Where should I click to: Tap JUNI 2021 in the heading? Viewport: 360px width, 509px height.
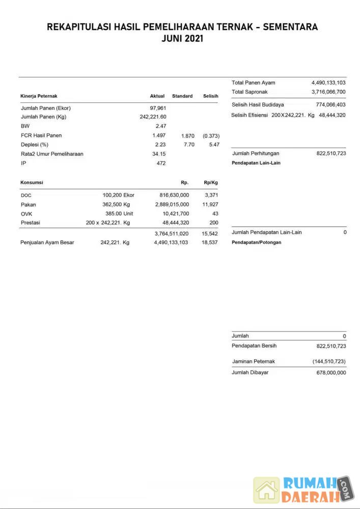point(182,39)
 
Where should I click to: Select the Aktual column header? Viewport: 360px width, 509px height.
point(157,96)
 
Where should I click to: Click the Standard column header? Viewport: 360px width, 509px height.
point(182,96)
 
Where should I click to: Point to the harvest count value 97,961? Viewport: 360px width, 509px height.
point(158,108)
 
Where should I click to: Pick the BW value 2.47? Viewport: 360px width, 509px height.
point(161,126)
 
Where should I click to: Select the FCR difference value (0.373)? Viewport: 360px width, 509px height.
point(211,136)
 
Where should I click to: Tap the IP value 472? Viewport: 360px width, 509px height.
point(161,163)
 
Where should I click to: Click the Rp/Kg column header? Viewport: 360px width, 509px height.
point(211,182)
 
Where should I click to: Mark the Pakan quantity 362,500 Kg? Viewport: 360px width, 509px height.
point(116,204)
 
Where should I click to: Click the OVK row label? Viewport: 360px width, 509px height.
point(26,214)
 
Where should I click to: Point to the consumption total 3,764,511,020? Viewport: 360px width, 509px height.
point(172,233)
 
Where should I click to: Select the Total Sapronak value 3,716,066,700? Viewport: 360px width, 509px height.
point(328,92)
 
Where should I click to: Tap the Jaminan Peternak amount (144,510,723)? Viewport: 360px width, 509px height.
point(329,361)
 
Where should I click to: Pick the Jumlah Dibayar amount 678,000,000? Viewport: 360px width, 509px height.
point(331,373)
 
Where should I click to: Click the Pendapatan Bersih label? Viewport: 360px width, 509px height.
point(254,346)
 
